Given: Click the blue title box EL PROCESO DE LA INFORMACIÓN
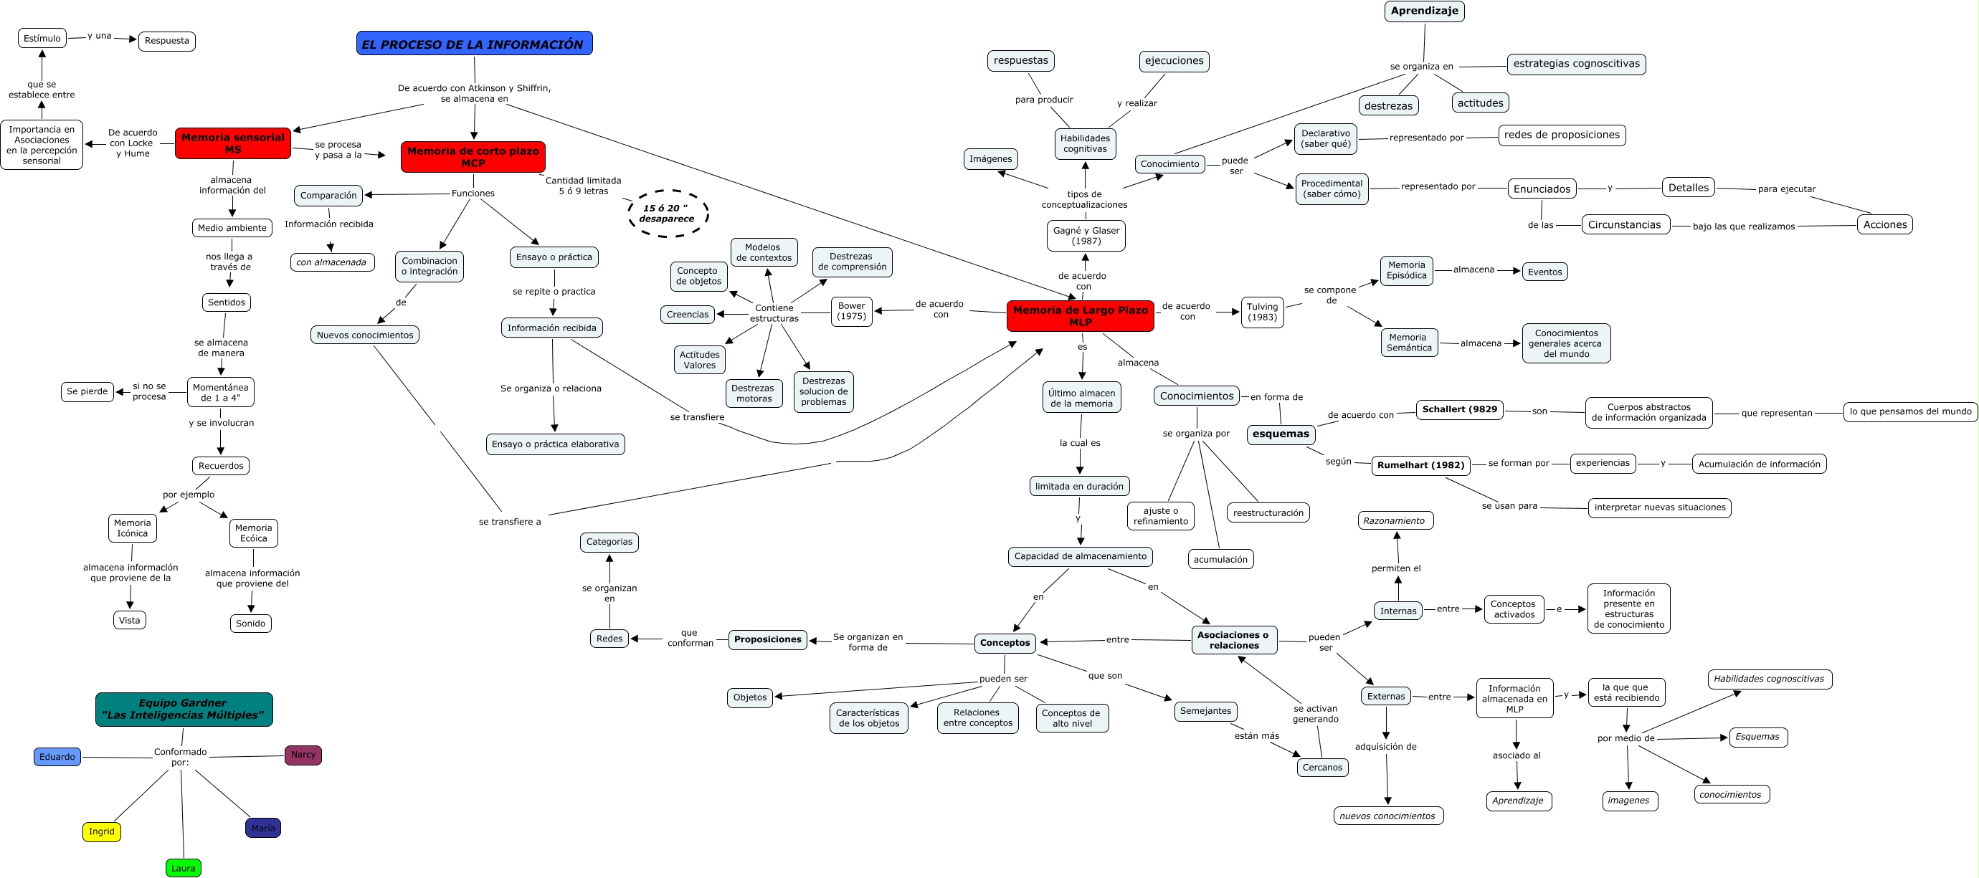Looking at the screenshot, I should (474, 44).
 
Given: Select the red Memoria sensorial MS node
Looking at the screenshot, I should (233, 143).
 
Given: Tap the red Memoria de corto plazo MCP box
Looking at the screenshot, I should (473, 157).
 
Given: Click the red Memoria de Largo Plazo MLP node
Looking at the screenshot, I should (1080, 315).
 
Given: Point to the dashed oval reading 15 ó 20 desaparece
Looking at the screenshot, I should (667, 214).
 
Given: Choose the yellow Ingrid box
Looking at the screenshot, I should (101, 831).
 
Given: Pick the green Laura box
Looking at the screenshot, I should (183, 868).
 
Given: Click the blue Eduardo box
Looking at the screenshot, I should (57, 757).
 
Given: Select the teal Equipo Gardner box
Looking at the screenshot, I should (184, 709).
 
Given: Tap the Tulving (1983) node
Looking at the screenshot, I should (1262, 312).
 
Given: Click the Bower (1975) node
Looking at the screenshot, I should (851, 311).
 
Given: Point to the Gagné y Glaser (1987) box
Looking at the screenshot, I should (1086, 236).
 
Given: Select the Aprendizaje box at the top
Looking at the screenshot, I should (1424, 11).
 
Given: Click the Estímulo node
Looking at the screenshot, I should (42, 39).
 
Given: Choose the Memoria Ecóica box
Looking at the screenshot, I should (254, 533).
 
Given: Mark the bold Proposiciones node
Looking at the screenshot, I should (767, 639).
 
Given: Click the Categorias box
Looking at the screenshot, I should (609, 542).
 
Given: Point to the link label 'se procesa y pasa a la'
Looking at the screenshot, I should (338, 150).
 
